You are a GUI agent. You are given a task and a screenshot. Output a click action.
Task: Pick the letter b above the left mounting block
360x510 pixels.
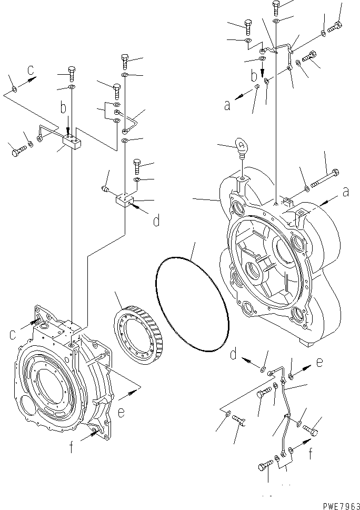click(63, 109)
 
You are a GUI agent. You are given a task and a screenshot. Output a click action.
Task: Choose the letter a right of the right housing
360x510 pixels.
click(346, 193)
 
